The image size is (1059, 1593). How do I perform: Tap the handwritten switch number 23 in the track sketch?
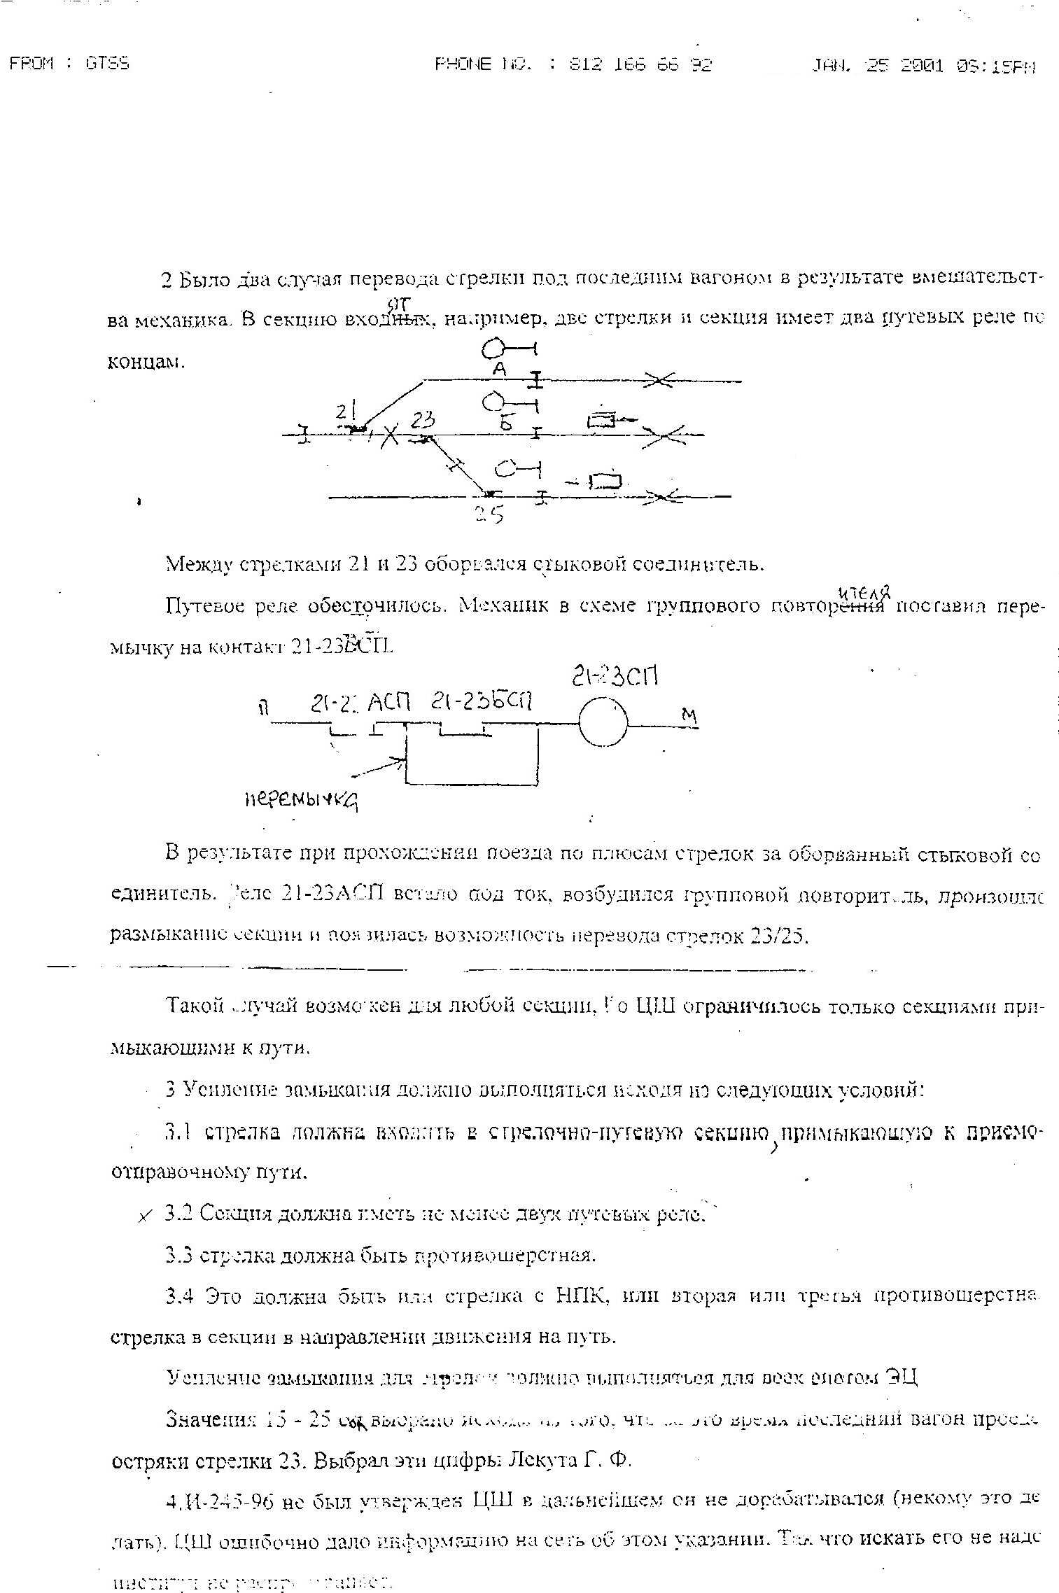tap(423, 420)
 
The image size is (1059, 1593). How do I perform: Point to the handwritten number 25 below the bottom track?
tap(489, 515)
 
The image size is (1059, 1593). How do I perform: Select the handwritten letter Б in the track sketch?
tap(507, 423)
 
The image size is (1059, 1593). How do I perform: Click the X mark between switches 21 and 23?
tap(391, 437)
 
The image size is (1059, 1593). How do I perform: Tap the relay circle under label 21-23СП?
tap(603, 722)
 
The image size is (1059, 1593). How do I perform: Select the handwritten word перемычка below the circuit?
tap(302, 799)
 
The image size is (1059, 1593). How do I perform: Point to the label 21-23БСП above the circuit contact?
tap(482, 701)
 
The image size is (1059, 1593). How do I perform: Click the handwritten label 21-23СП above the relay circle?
tap(615, 678)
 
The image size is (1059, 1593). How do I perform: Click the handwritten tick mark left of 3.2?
tap(145, 1216)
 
